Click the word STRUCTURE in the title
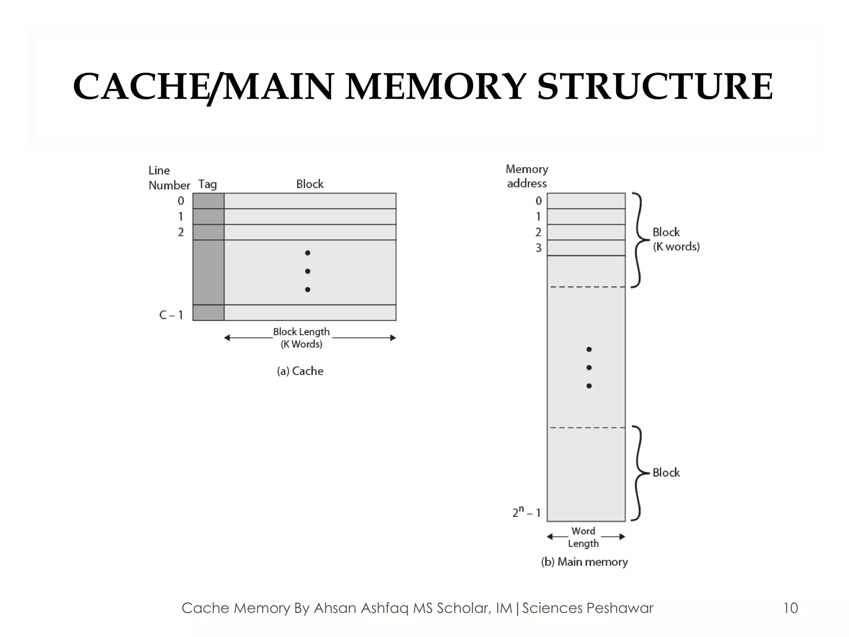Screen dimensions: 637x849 pos(655,87)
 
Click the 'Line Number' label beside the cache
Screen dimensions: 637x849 pos(168,178)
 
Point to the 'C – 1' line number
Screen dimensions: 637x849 pos(171,315)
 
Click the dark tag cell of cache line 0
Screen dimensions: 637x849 pos(208,201)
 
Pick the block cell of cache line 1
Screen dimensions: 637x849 pos(310,216)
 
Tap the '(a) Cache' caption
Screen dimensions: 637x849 pos(300,371)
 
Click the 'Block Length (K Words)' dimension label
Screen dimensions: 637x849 pos(301,338)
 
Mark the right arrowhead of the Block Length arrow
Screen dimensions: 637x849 pos(393,338)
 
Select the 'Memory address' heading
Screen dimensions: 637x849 pos(527,176)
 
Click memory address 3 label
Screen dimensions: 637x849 pos(539,248)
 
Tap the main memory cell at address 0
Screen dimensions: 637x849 pos(586,201)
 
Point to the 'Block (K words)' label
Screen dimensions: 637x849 pos(676,239)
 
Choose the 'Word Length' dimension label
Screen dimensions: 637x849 pos(583,537)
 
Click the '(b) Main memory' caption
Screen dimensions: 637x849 pos(585,562)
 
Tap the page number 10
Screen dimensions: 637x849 pos(791,608)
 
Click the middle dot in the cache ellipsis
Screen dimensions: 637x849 pos(308,271)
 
